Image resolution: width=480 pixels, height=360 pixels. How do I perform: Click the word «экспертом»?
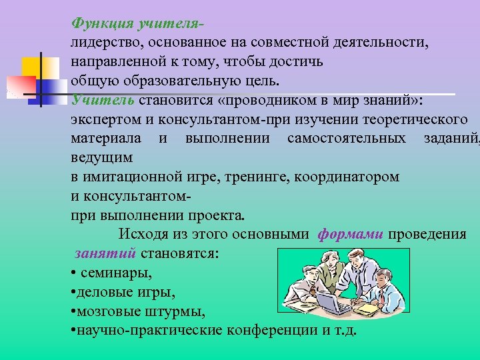101,120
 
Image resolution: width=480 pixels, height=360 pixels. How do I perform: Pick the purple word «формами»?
350,235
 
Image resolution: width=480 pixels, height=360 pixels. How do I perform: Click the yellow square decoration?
32,67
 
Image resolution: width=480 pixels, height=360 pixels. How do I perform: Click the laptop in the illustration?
329,303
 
